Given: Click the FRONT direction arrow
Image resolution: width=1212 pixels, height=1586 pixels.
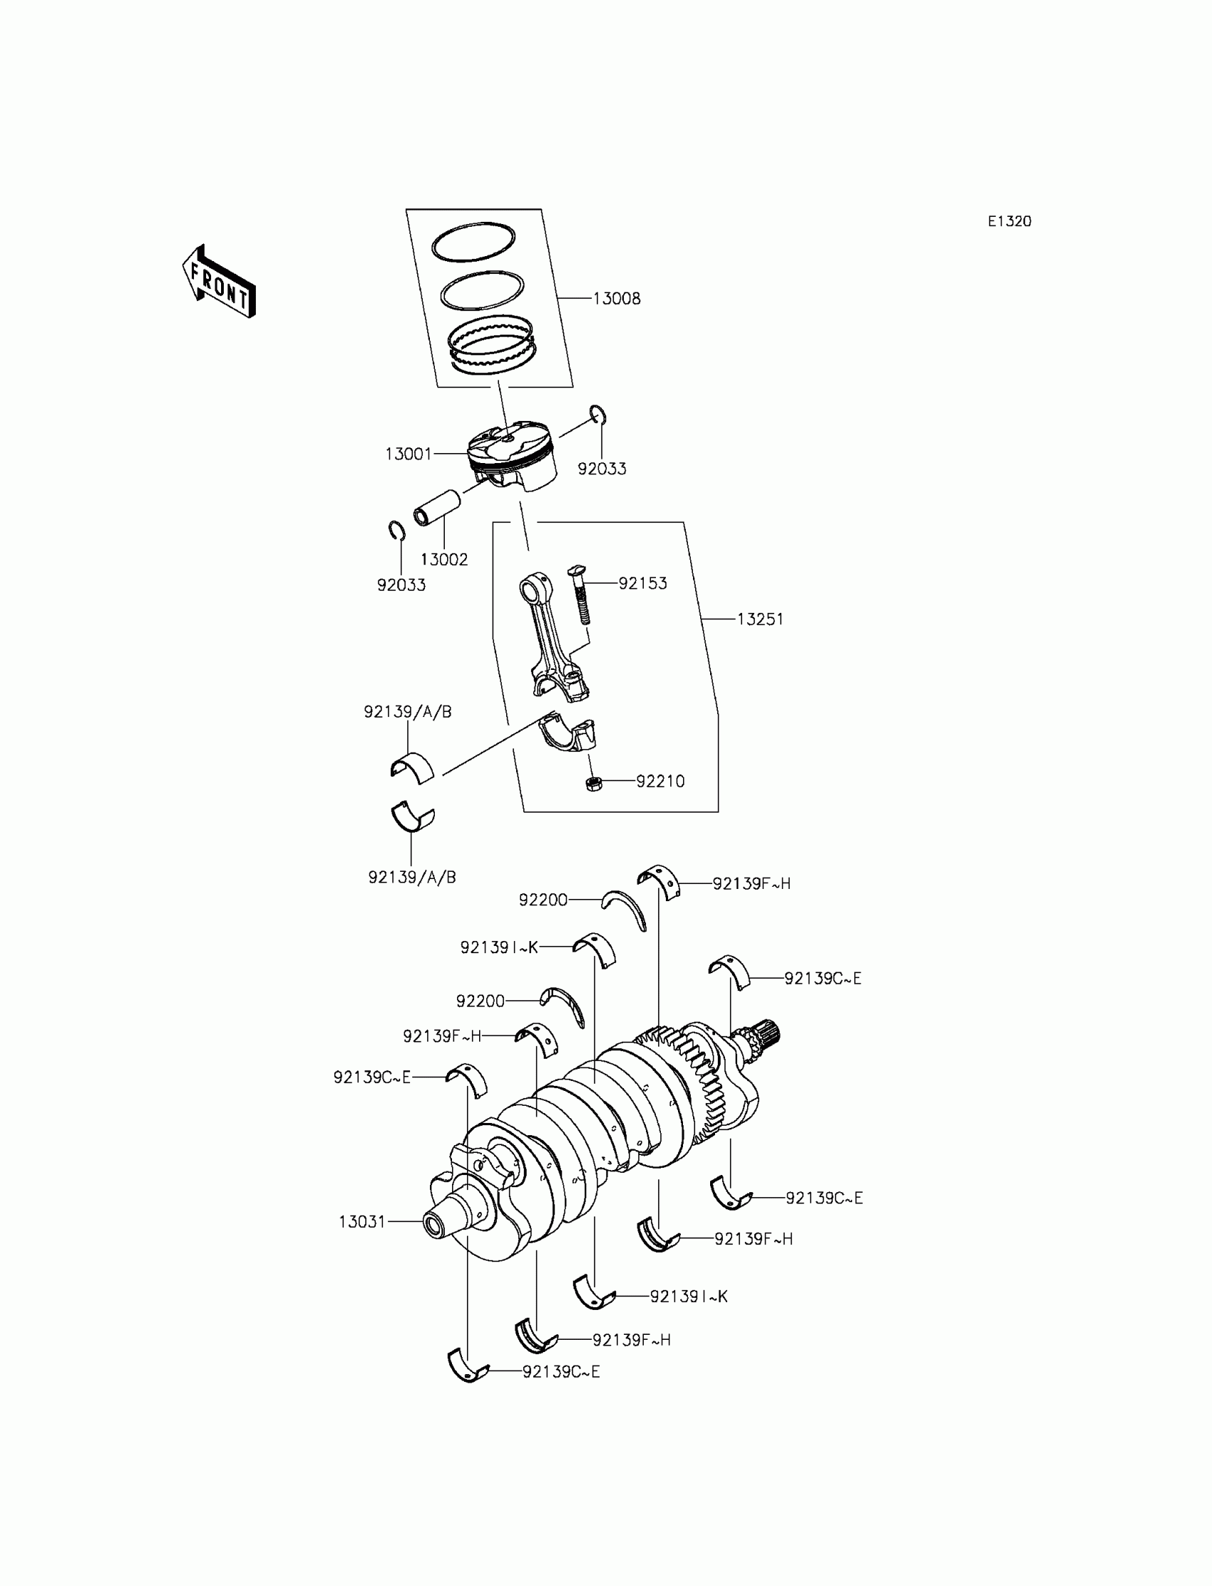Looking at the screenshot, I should [220, 283].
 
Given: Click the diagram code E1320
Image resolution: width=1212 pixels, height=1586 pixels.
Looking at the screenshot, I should [1010, 222].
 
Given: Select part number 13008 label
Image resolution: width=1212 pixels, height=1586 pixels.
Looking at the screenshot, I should [616, 299].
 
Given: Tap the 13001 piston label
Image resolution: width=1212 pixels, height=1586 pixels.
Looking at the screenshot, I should [409, 454].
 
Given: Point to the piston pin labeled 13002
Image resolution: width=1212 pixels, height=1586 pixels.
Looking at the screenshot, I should [436, 508].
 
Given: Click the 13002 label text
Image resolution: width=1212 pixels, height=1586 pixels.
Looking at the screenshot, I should [443, 559].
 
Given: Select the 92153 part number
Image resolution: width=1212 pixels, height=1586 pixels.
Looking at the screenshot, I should [642, 584].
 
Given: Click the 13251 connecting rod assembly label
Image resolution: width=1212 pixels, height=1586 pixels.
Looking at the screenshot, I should [760, 619].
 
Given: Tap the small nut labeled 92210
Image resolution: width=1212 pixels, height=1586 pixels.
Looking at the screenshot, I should [594, 783].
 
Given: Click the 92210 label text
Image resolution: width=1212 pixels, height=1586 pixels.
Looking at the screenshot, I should [660, 781].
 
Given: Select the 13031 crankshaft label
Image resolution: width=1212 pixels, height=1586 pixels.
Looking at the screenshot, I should [363, 1222].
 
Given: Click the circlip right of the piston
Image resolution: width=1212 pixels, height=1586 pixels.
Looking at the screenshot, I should [598, 416].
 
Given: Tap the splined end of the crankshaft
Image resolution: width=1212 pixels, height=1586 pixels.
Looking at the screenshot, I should [765, 1039].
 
